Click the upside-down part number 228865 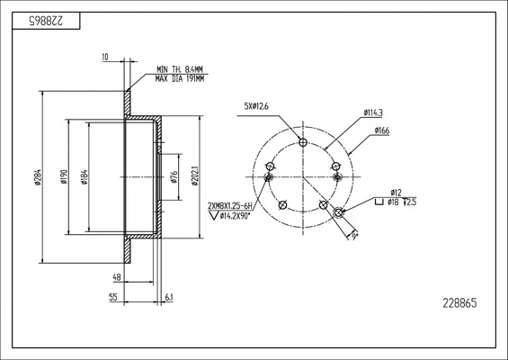point(47,21)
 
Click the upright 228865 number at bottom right point(459,303)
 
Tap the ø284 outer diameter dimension point(38,177)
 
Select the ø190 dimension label point(64,177)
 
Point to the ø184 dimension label point(85,177)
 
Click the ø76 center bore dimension point(174,177)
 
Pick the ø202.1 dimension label point(195,176)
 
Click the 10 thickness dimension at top point(105,58)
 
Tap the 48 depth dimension point(117,277)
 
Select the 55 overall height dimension point(113,297)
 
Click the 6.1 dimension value point(169,297)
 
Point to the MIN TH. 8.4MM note point(180,69)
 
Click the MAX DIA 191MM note point(180,78)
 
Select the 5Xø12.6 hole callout point(256,106)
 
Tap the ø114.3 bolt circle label point(373,112)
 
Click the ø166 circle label point(382,130)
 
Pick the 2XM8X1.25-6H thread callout point(229,206)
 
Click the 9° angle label point(354,237)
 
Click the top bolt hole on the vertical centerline point(303,142)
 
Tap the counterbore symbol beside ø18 point(379,202)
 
